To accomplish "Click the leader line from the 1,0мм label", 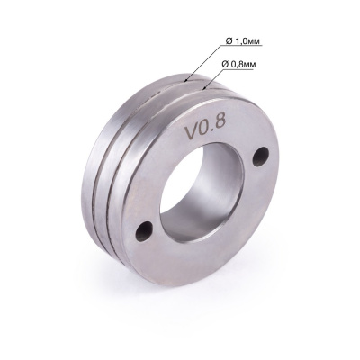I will [x=203, y=64].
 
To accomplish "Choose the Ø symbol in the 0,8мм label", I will [x=225, y=65].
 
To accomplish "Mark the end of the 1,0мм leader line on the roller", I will [x=186, y=79].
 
